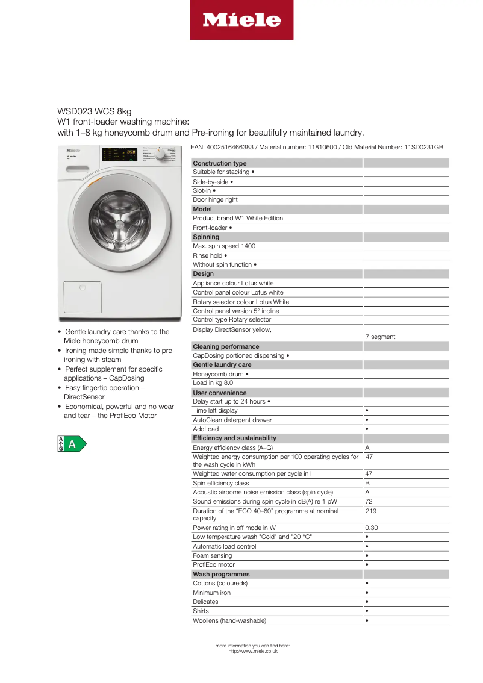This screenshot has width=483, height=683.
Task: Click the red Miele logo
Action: [x=241, y=20]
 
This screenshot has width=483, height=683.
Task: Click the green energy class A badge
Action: [x=72, y=444]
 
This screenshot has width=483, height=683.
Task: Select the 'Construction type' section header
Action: [x=220, y=163]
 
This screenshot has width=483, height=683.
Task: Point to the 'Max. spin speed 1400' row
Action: [x=224, y=246]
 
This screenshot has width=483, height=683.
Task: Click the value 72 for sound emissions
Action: [x=369, y=501]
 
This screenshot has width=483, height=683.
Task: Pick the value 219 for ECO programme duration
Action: [x=370, y=511]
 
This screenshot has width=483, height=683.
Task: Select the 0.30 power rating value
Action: [x=371, y=528]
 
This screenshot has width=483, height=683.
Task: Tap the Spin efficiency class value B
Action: [x=367, y=483]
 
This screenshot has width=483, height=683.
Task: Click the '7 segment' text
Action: [x=380, y=337]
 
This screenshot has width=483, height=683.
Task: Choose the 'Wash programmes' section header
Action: [x=221, y=574]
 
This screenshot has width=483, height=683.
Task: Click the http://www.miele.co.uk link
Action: [x=253, y=651]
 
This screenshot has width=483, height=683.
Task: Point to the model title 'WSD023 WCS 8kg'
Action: [x=95, y=111]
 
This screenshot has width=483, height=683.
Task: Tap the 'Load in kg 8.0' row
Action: [x=213, y=382]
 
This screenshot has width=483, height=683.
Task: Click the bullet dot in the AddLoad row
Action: [x=367, y=429]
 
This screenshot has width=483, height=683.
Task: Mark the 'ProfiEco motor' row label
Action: [x=214, y=564]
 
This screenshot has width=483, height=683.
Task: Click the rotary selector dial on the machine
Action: [x=160, y=155]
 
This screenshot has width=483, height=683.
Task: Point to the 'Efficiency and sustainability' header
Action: [x=235, y=438]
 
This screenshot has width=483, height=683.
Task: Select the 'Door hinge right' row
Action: [x=215, y=199]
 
